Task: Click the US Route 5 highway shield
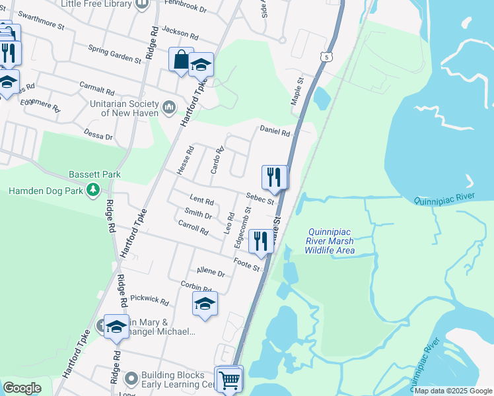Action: click(327, 57)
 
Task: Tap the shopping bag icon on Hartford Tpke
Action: click(180, 60)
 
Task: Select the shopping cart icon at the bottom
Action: click(229, 379)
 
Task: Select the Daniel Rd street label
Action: click(275, 131)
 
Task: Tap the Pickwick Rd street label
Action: click(149, 300)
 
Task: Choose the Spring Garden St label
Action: click(116, 55)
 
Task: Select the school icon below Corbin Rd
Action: click(205, 304)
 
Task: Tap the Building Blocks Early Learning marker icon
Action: click(131, 379)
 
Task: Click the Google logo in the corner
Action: click(22, 388)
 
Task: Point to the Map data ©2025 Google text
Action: click(452, 391)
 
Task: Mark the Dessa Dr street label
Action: click(98, 134)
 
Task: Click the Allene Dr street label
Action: click(211, 272)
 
